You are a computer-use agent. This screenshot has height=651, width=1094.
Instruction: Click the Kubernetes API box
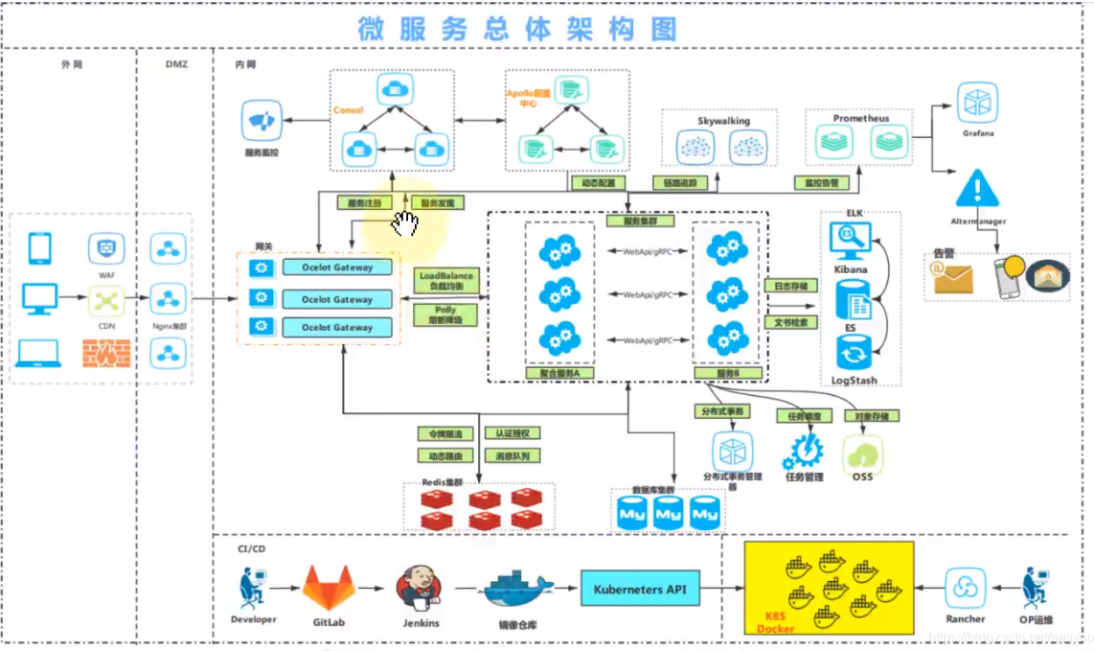(x=639, y=589)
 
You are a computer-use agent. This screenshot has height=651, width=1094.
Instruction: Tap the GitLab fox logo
(x=329, y=587)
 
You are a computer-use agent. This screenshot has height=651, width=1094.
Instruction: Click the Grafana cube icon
(x=978, y=103)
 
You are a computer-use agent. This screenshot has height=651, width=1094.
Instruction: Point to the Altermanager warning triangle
(x=977, y=188)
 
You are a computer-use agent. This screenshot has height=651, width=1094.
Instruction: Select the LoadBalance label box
(x=446, y=281)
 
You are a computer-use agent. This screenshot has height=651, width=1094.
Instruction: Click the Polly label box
(x=445, y=315)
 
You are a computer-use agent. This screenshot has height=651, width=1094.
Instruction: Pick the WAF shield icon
(x=106, y=249)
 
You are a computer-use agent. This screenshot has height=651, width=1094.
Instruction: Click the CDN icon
(x=106, y=300)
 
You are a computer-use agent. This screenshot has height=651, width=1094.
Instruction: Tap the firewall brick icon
(x=106, y=353)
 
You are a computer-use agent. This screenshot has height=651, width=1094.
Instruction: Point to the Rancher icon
(x=965, y=587)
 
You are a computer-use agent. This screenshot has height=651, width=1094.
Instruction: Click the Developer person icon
(x=251, y=587)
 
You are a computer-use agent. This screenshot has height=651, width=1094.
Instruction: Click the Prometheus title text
(x=861, y=119)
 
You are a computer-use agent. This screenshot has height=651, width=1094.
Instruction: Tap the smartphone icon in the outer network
(x=40, y=249)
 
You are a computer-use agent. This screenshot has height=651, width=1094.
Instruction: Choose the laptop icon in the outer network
(x=39, y=354)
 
